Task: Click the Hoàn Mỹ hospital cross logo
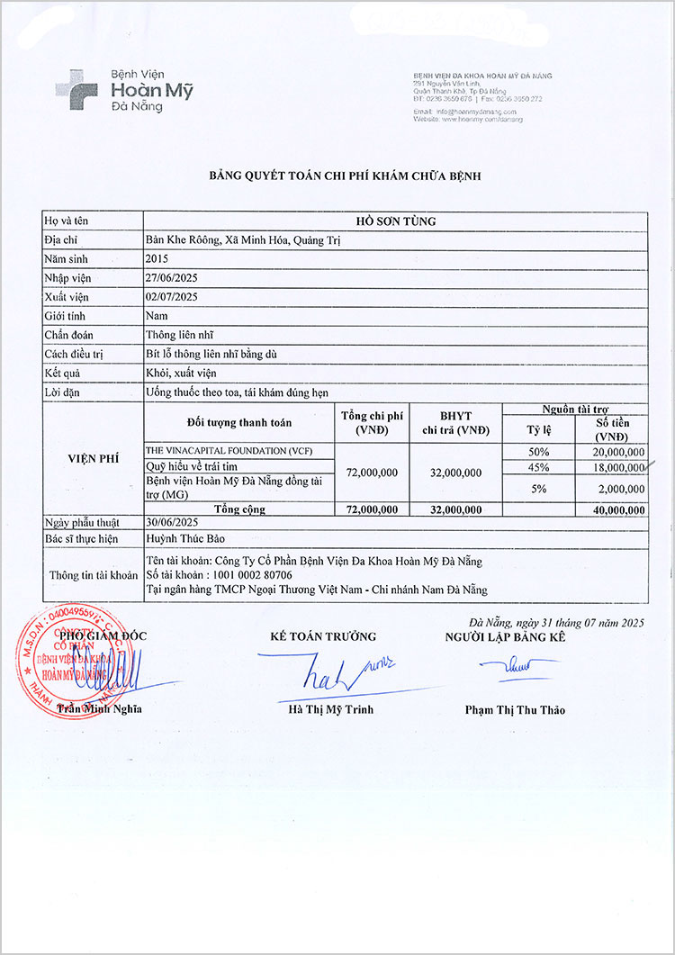coord(76,90)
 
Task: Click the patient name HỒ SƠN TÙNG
coord(395,221)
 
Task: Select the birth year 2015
coord(157,259)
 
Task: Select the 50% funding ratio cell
coord(539,451)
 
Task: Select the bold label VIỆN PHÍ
coord(94,458)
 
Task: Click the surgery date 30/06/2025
coord(172,521)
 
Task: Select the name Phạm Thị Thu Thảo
coord(515,709)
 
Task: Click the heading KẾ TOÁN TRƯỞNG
coord(323,636)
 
